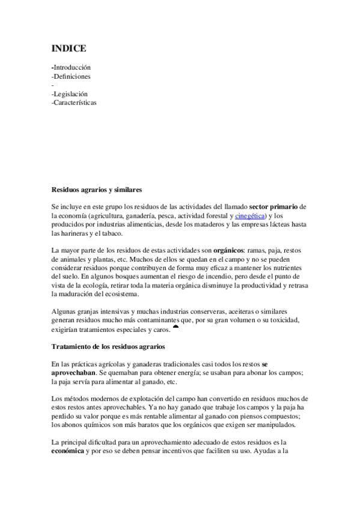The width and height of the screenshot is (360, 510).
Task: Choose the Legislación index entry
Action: (x=71, y=94)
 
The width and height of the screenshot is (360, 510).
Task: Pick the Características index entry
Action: (x=75, y=102)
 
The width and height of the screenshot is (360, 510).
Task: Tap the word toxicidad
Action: (x=288, y=319)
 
